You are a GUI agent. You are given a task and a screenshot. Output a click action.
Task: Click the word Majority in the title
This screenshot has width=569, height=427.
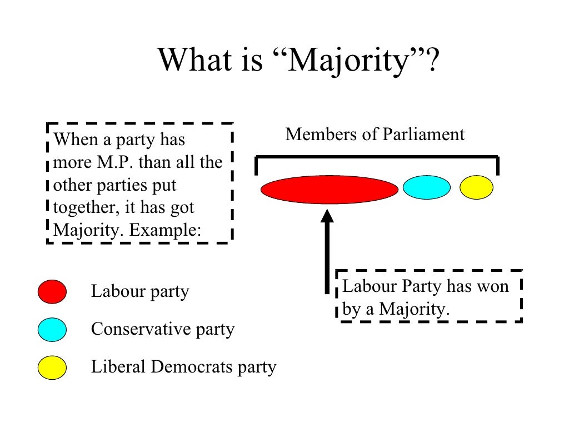[x=348, y=60]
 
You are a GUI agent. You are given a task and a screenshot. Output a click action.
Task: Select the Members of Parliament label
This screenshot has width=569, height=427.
[x=375, y=135]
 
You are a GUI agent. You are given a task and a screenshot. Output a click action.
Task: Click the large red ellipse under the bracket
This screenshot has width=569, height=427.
[x=330, y=190]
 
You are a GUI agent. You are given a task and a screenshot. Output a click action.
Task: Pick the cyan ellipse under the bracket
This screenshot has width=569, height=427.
[x=427, y=187]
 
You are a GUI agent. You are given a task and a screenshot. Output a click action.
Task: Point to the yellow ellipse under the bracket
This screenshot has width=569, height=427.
[x=476, y=187]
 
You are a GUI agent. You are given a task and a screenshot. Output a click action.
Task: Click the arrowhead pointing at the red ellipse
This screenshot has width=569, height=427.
[x=328, y=215]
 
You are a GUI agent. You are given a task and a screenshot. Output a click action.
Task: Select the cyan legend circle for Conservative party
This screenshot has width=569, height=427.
[x=52, y=330]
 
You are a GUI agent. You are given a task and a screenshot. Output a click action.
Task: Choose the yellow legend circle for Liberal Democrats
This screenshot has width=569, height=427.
[x=52, y=368]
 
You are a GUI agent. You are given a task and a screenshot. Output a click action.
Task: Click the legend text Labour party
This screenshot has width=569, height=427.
[x=140, y=291]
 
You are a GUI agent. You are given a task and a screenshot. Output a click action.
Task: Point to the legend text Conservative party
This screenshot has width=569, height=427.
[x=162, y=329]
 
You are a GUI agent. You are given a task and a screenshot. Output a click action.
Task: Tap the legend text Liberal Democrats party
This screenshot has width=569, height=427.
[x=183, y=367]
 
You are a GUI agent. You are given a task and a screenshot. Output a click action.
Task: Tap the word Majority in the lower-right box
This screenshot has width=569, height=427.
[x=414, y=309]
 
